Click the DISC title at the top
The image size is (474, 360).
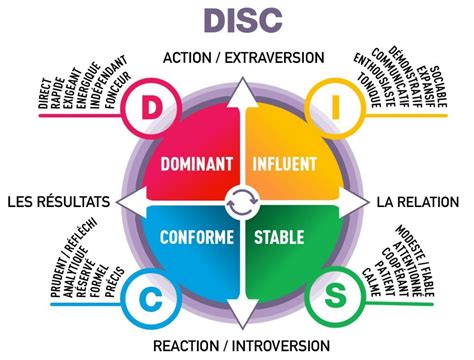pos(241,21)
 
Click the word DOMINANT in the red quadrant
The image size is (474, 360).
pos(197,163)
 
